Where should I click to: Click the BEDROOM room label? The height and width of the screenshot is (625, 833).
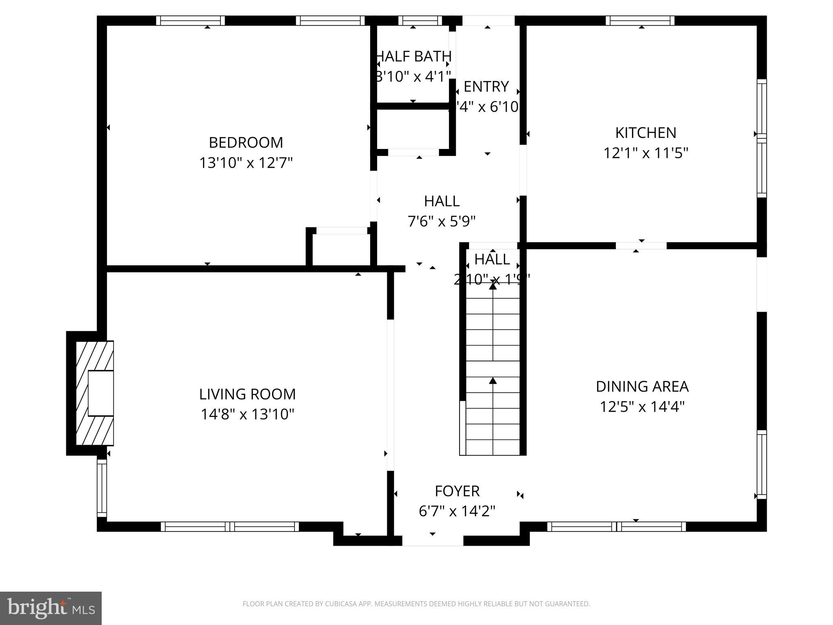(246, 143)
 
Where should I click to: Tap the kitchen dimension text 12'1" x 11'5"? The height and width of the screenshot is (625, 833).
(645, 153)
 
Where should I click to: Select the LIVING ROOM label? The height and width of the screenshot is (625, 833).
(247, 394)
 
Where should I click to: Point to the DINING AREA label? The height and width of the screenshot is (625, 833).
(642, 387)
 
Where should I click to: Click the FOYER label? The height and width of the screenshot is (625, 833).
(457, 491)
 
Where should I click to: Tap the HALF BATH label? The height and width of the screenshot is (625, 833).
(414, 57)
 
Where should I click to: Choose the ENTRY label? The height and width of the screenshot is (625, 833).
(486, 87)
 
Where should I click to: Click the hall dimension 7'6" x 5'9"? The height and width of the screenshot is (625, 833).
(442, 222)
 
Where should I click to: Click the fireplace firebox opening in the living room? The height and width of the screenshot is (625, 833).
(100, 393)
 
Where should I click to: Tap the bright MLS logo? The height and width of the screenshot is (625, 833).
(51, 608)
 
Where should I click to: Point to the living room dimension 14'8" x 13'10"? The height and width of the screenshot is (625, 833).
(247, 415)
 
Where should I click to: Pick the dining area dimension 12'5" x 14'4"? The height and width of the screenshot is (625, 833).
(642, 407)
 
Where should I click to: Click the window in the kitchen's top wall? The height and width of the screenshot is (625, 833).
(640, 20)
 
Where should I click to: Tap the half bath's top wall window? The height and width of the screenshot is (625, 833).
(420, 20)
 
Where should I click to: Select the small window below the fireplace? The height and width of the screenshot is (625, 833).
(102, 488)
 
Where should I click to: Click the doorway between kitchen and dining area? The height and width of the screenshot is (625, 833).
(641, 246)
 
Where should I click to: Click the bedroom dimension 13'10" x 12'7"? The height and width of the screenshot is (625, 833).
(246, 163)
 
